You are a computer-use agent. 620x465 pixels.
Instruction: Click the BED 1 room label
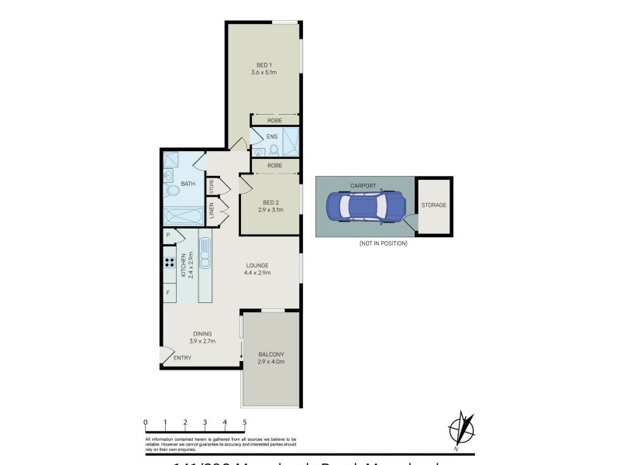[x=263, y=64]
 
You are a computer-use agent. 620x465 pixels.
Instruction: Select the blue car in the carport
[x=365, y=206]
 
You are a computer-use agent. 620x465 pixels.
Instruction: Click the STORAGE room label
[x=433, y=205]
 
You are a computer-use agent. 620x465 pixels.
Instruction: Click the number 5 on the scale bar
[x=245, y=422]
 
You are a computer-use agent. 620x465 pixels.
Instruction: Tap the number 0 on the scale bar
[x=146, y=422]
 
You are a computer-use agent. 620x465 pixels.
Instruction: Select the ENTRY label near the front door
[x=183, y=357]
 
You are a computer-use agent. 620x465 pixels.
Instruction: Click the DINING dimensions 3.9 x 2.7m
[x=203, y=341]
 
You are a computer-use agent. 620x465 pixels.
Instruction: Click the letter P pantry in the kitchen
[x=167, y=236]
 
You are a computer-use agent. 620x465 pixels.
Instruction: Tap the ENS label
[x=271, y=137]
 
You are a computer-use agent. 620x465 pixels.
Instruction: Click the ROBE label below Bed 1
[x=274, y=120]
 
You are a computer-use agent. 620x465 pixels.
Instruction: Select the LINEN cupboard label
[x=211, y=211]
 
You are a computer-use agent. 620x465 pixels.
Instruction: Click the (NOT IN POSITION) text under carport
[x=383, y=243]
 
